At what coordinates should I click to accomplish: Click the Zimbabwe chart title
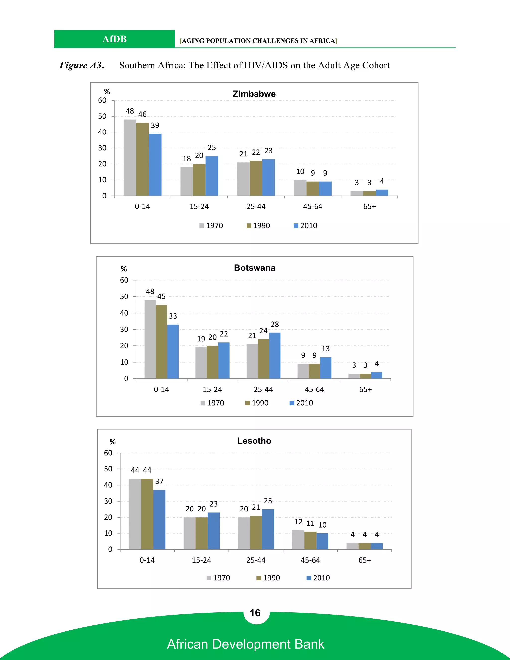pos(254,94)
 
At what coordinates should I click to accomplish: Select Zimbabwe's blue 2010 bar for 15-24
pos(212,176)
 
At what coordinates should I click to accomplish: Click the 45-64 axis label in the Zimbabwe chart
pos(313,207)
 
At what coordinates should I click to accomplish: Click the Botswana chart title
pos(255,268)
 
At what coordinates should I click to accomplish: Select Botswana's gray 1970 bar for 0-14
pos(150,339)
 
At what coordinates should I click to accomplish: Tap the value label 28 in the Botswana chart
pos(275,324)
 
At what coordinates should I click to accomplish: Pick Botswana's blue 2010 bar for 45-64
pos(325,368)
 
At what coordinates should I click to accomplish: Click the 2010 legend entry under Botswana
pos(301,403)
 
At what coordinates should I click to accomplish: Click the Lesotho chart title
pos(254,441)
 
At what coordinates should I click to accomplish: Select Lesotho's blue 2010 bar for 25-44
pos(268,529)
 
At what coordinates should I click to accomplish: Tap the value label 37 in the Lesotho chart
pos(159,482)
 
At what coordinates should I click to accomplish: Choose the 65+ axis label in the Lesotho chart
pos(364,560)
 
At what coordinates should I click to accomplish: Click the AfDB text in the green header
pos(114,39)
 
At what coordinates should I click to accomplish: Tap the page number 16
pos(255,613)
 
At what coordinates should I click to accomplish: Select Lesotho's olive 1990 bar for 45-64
pos(310,540)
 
